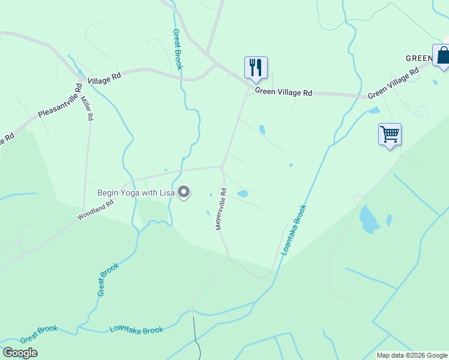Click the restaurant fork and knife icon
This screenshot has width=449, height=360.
click(256, 67)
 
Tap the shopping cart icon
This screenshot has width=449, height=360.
click(390, 134)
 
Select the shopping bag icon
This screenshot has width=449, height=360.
click(443, 55)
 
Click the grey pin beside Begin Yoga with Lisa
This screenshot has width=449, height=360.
click(184, 193)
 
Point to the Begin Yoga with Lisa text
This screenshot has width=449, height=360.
click(136, 193)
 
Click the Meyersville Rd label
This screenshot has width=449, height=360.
click(220, 209)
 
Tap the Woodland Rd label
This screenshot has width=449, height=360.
click(95, 210)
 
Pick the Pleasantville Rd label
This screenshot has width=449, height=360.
click(59, 104)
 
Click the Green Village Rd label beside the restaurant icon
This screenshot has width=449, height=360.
click(283, 92)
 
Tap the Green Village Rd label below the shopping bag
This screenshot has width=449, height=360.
click(393, 83)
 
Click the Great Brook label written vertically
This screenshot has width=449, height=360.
click(177, 50)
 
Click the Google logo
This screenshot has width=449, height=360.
click(20, 352)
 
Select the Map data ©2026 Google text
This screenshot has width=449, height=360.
click(412, 355)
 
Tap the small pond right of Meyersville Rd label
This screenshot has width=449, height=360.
click(243, 194)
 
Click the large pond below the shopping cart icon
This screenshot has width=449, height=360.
click(369, 218)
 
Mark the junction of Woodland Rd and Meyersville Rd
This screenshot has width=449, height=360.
click(223, 167)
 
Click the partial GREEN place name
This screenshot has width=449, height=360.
click(418, 58)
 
